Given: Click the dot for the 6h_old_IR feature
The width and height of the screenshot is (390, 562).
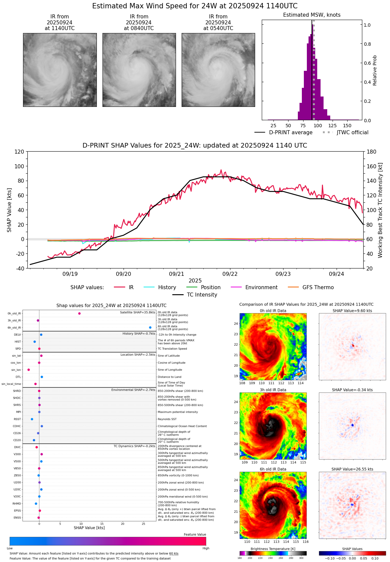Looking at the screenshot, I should (x=150, y=328).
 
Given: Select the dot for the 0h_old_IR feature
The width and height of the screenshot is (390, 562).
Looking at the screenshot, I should (x=79, y=314).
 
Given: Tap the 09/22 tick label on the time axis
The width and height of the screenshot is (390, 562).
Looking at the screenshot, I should (x=230, y=274).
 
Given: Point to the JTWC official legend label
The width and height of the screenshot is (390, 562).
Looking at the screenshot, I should (x=352, y=133).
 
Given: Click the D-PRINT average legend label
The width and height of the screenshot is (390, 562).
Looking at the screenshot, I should (x=290, y=133).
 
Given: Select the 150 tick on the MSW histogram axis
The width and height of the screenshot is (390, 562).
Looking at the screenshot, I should (x=347, y=126).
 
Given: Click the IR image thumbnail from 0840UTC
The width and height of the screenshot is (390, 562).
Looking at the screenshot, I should (x=139, y=70).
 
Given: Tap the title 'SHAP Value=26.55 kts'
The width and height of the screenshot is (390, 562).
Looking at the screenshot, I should (x=352, y=469).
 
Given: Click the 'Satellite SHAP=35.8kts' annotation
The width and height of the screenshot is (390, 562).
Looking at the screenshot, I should (x=138, y=313).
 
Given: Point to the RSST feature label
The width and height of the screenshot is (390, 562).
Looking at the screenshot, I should (x=17, y=419).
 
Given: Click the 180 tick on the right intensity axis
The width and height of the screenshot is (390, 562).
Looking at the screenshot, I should (x=372, y=152).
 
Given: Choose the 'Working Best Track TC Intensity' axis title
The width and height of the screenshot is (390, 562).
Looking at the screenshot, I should (x=380, y=210).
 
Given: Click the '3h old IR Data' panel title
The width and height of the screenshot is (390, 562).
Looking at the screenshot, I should (x=273, y=390).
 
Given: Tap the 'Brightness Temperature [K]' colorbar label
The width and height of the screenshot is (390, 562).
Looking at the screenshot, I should (x=273, y=549).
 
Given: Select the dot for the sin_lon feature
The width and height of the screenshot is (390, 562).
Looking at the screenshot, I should (x=29, y=370).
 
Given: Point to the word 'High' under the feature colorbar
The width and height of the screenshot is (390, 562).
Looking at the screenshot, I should (x=206, y=548).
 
